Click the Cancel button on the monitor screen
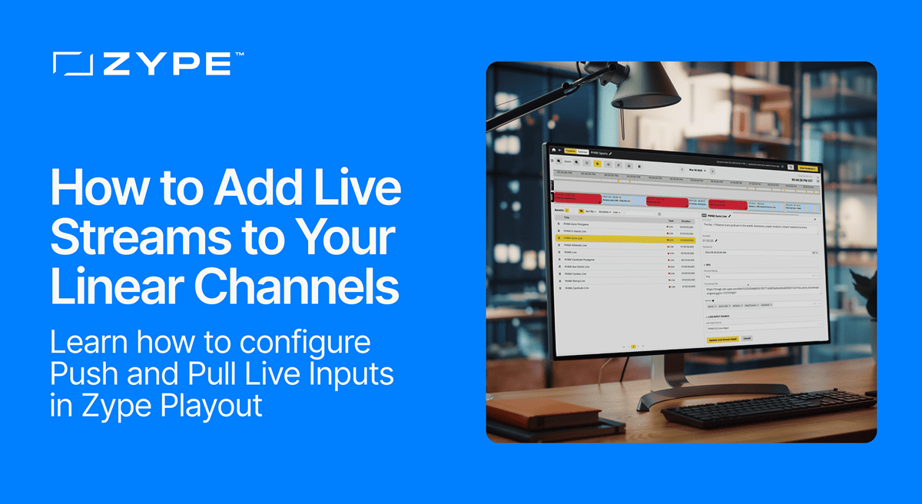point(746,338)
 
